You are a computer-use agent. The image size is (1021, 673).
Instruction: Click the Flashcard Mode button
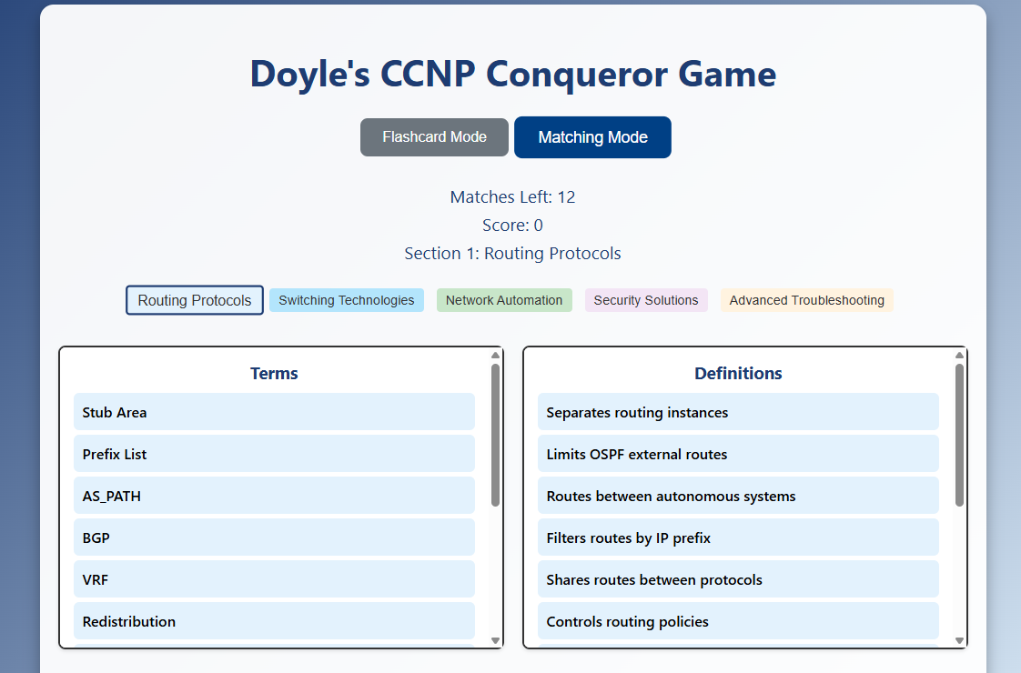coord(434,137)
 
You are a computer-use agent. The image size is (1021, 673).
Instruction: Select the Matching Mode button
coord(592,137)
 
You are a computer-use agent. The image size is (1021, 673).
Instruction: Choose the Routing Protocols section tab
coord(195,300)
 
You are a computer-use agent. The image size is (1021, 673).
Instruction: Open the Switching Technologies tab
coord(347,300)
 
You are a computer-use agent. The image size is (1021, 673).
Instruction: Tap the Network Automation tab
coord(504,300)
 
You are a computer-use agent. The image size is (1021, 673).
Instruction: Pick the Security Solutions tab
coord(646,300)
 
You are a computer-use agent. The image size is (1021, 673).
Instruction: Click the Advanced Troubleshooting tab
coord(807,300)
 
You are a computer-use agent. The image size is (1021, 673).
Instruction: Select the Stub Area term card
coord(274,412)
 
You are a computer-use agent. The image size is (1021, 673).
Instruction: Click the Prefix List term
coord(274,454)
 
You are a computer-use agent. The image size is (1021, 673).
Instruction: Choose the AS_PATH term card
coord(274,496)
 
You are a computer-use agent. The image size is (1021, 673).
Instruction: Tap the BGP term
coord(274,537)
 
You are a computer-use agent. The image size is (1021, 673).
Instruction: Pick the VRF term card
coord(274,578)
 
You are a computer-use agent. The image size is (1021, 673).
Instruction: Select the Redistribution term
coord(274,620)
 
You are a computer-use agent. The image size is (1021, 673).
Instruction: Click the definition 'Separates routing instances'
coord(738,412)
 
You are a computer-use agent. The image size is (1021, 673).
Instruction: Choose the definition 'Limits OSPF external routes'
coord(738,454)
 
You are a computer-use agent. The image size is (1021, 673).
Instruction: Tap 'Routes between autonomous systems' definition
coord(738,496)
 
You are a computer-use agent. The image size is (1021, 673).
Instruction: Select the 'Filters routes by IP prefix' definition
coord(738,537)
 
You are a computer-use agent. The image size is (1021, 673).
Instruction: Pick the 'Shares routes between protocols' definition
coord(738,578)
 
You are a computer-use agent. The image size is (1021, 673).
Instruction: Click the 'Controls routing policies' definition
coord(738,620)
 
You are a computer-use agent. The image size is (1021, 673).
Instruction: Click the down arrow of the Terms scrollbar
coord(496,640)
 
